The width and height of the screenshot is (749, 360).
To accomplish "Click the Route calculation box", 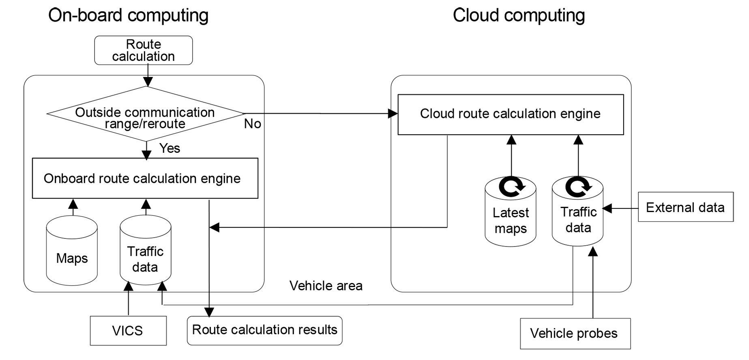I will pos(143,50).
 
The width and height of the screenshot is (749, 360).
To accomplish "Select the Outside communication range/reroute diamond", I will pos(145,114).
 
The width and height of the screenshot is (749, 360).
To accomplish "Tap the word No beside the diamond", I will pos(252,124).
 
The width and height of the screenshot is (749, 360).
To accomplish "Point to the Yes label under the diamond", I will pos(170,148).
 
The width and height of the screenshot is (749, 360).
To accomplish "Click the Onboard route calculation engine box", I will pos(145,178).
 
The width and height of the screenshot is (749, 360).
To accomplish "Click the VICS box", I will pos(128,331).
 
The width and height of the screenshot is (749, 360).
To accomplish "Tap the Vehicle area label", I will pos(326,286).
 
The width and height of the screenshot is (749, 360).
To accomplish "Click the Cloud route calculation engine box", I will pos(511,114).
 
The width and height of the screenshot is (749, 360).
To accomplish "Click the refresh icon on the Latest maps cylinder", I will pos(511,187).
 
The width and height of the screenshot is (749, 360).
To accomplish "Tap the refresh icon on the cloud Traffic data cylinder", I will pos(578,186).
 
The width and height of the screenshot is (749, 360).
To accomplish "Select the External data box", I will pos(685,207).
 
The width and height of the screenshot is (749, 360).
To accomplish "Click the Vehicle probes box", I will pos(575,334).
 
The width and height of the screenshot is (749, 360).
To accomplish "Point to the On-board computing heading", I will pos(128,15).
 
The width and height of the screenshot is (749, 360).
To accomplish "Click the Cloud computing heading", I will pos(519,15).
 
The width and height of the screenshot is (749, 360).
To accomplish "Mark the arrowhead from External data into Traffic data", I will pos(607,208).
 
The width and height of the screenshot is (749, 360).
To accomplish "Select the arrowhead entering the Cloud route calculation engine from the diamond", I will pos(393,114).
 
